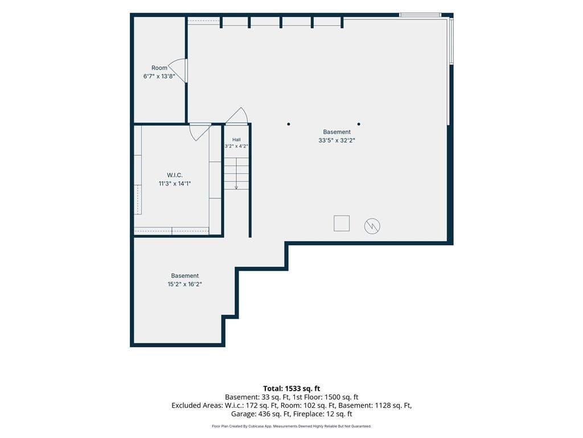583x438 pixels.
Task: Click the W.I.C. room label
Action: pyautogui.click(x=175, y=175)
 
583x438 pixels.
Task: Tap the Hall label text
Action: pyautogui.click(x=236, y=140)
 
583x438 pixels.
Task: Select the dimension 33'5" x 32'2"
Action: pyautogui.click(x=337, y=140)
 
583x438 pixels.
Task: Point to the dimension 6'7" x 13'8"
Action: pyautogui.click(x=159, y=76)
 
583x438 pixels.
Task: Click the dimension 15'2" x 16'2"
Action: pyautogui.click(x=185, y=284)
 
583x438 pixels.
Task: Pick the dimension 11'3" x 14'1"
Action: pyautogui.click(x=175, y=184)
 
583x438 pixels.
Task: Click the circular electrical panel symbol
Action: pyautogui.click(x=372, y=226)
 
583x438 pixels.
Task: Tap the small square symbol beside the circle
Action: pyautogui.click(x=342, y=224)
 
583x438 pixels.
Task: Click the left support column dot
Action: pyautogui.click(x=289, y=124)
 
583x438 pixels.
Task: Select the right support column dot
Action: pyautogui.click(x=359, y=124)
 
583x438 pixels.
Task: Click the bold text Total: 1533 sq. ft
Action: pyautogui.click(x=291, y=389)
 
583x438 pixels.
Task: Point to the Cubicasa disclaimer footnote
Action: pyautogui.click(x=291, y=426)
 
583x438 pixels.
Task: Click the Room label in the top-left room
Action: pyautogui.click(x=159, y=68)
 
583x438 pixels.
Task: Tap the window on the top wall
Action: pyautogui.click(x=420, y=15)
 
